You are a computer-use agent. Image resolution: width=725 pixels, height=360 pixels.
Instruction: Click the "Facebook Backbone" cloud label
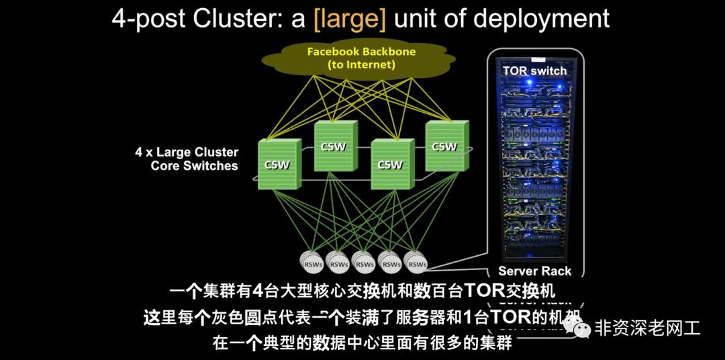361,52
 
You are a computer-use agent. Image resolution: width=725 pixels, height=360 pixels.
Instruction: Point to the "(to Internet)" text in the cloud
361,65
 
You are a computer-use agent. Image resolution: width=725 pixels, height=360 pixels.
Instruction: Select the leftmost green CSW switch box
276,164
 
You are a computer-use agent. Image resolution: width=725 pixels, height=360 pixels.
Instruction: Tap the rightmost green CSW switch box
444,146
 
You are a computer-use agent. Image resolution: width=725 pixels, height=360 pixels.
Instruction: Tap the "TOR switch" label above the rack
534,71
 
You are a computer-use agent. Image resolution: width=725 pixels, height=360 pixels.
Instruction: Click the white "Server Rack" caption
534,271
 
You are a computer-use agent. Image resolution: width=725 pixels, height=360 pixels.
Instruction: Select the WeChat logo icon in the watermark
577,328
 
